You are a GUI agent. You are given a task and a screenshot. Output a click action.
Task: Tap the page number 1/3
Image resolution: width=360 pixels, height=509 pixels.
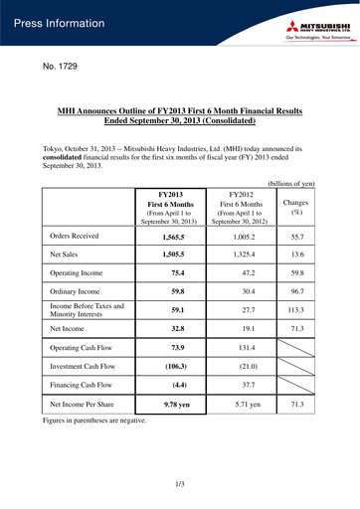180,484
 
